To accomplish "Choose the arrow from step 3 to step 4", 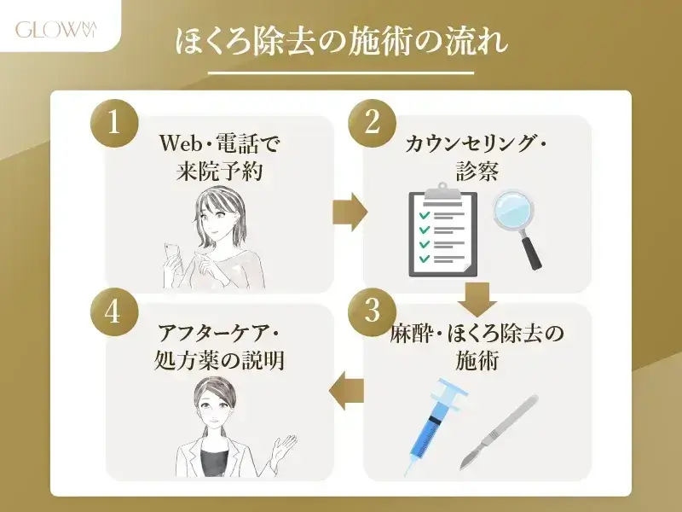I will pyautogui.click(x=348, y=389).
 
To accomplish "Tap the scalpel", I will pyautogui.click(x=499, y=431).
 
